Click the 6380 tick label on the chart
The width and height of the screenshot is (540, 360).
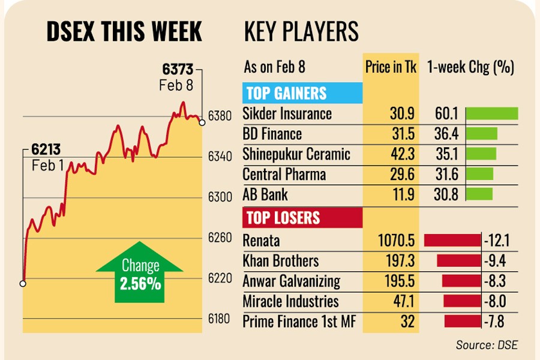coord(220,116)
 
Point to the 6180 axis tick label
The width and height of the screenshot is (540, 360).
coord(220,319)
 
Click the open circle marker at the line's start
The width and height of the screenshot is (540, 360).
coord(23,283)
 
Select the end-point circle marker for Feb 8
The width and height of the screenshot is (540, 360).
coord(202,122)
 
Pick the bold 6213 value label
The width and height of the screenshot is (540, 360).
coord(45,150)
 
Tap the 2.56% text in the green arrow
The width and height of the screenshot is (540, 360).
coord(140,284)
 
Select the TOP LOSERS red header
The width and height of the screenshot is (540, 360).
coord(283,217)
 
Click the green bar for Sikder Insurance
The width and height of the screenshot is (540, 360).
coord(491,113)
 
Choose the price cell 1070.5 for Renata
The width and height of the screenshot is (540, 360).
coord(397,241)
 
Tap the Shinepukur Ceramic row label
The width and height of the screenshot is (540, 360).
coord(296,154)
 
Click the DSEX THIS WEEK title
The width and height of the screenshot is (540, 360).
coord(124,32)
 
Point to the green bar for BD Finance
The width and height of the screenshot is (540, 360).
coord(482,134)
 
